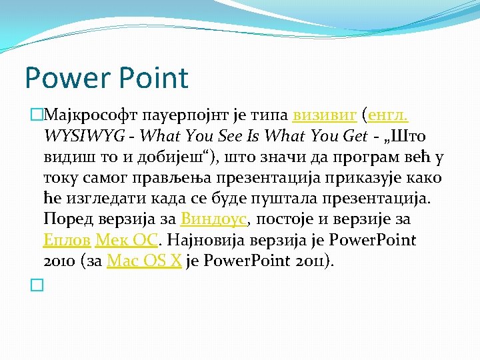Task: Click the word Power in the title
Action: click(x=61, y=78)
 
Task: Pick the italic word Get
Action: click(x=353, y=136)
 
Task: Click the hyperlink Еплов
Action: click(x=67, y=239)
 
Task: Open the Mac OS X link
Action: click(x=144, y=261)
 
